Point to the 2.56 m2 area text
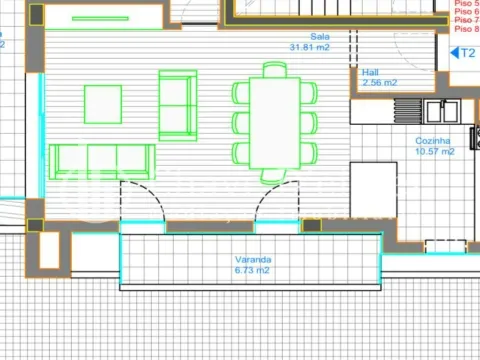(x=380, y=83)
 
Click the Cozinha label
(x=434, y=141)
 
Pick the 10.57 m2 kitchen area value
(x=435, y=152)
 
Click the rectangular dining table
(x=275, y=123)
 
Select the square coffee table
(x=102, y=104)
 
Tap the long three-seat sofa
(x=102, y=159)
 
